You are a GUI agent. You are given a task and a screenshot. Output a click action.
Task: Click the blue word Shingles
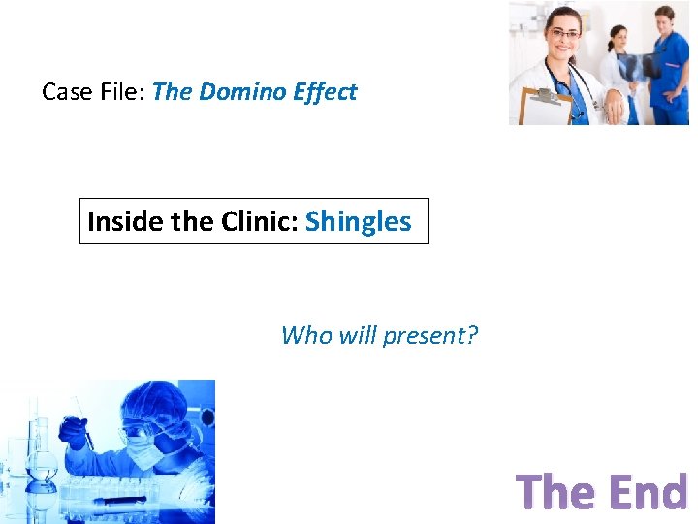[358, 221]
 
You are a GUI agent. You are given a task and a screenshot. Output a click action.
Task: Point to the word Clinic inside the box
[257, 221]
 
